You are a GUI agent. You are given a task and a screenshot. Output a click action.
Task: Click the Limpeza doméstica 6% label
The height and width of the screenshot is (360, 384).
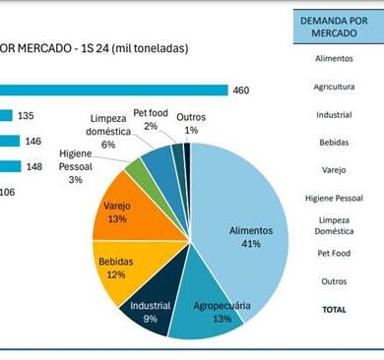click(x=108, y=131)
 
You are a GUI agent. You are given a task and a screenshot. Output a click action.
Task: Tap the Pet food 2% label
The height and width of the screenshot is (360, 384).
click(x=151, y=119)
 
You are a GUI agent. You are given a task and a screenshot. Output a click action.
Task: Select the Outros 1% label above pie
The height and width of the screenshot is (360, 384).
click(x=191, y=124)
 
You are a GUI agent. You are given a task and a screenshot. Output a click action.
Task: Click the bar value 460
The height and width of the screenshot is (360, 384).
click(x=241, y=90)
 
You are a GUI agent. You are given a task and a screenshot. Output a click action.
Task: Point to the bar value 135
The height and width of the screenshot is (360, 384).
click(x=26, y=116)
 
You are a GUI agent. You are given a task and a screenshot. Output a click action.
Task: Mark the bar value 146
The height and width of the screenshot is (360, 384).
click(x=33, y=142)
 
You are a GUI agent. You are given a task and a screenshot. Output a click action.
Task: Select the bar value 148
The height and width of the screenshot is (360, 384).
click(x=34, y=166)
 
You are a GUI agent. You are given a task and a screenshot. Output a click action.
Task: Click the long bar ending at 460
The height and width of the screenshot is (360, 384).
click(x=114, y=90)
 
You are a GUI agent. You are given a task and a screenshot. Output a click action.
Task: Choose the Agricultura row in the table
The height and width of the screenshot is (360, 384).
click(x=334, y=87)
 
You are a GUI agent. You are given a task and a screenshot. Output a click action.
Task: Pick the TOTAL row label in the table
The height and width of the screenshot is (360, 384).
click(x=334, y=310)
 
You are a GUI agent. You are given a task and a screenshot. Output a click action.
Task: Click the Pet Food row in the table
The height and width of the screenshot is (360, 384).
click(x=334, y=253)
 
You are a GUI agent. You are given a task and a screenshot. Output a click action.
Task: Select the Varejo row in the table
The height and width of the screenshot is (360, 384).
click(x=334, y=170)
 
